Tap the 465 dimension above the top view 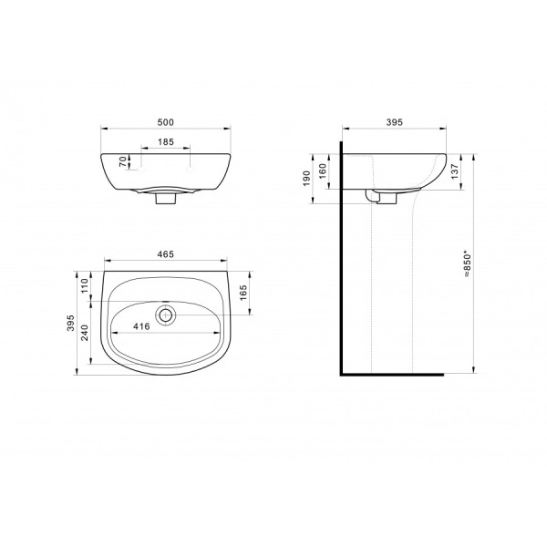[x=165, y=254]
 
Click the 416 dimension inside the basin [x=140, y=324]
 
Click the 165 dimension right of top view [x=244, y=293]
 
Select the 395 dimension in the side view [x=394, y=121]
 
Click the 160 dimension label [x=322, y=170]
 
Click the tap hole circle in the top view [x=166, y=315]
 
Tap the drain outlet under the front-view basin [x=164, y=198]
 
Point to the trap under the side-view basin [x=374, y=196]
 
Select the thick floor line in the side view [x=392, y=374]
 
